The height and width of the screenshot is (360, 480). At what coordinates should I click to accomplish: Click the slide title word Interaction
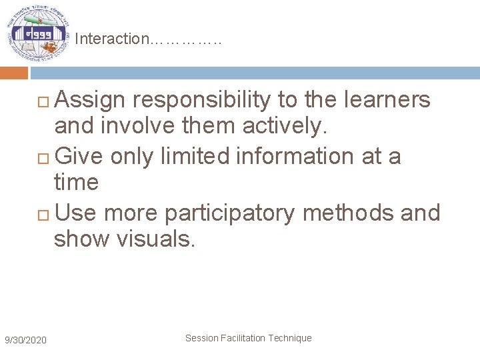coord(113,39)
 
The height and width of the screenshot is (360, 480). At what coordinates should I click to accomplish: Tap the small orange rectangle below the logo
coord(14,73)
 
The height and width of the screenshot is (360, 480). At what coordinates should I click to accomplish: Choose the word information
coord(299,156)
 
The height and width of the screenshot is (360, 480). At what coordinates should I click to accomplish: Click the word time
coord(76,182)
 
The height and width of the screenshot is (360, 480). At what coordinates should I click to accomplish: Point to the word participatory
coord(230,213)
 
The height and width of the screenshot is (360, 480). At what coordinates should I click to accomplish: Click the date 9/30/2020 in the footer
coord(25,341)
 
